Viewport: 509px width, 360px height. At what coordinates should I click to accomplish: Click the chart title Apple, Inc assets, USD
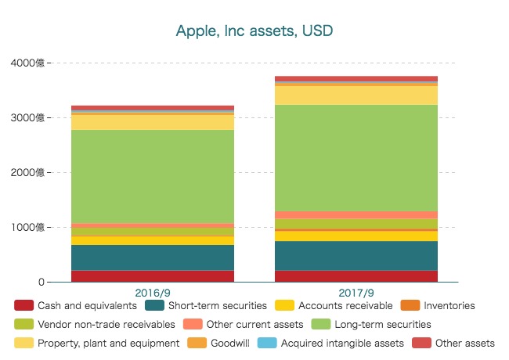(x=254, y=31)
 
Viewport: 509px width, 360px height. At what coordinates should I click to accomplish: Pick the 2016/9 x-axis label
(x=152, y=292)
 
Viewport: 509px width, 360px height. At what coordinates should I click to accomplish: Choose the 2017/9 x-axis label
(x=356, y=292)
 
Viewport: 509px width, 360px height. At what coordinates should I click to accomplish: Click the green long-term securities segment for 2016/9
(x=152, y=176)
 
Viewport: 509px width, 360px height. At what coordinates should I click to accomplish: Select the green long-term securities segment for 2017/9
(x=356, y=157)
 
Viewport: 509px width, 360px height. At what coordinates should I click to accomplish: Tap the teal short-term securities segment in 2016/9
(x=152, y=257)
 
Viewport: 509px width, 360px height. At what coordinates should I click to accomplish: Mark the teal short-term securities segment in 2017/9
(x=356, y=255)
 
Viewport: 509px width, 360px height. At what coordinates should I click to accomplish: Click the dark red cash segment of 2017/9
(x=356, y=275)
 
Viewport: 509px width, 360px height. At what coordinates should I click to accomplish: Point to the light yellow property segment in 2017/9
(x=356, y=95)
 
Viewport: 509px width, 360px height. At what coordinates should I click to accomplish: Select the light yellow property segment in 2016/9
(x=152, y=122)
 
